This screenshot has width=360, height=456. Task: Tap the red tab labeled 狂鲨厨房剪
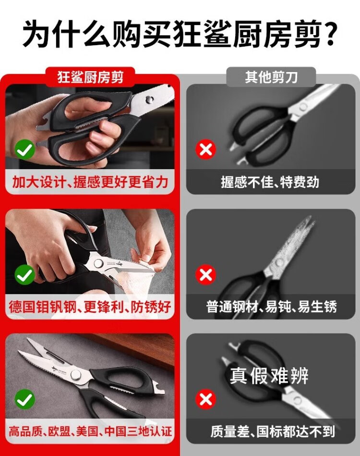pos(90,77)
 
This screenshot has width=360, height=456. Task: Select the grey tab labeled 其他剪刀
pos(271,77)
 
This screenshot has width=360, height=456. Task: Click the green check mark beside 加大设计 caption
pos(24,149)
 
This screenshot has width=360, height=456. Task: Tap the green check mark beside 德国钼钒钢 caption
pos(24,275)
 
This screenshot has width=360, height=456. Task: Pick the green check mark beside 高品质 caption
pos(24,400)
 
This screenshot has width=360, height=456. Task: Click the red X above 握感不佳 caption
pos(206,149)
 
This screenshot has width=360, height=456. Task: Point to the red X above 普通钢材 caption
pos(206,274)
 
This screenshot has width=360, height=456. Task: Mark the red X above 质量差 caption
pos(206,399)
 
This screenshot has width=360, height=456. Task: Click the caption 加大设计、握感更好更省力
pos(90,182)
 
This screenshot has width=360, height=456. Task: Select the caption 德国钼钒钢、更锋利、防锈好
pos(90,307)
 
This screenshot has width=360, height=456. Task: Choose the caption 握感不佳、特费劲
pos(270,182)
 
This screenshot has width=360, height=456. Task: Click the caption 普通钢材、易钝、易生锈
pos(271,307)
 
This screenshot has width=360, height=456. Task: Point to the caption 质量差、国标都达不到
pos(273,431)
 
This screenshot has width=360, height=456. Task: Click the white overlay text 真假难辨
pos(269,376)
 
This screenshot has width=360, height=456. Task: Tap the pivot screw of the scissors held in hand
pos(149,100)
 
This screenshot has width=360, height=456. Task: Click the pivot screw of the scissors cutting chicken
pos(98,263)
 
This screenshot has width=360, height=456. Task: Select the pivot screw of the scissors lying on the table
pos(75,375)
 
